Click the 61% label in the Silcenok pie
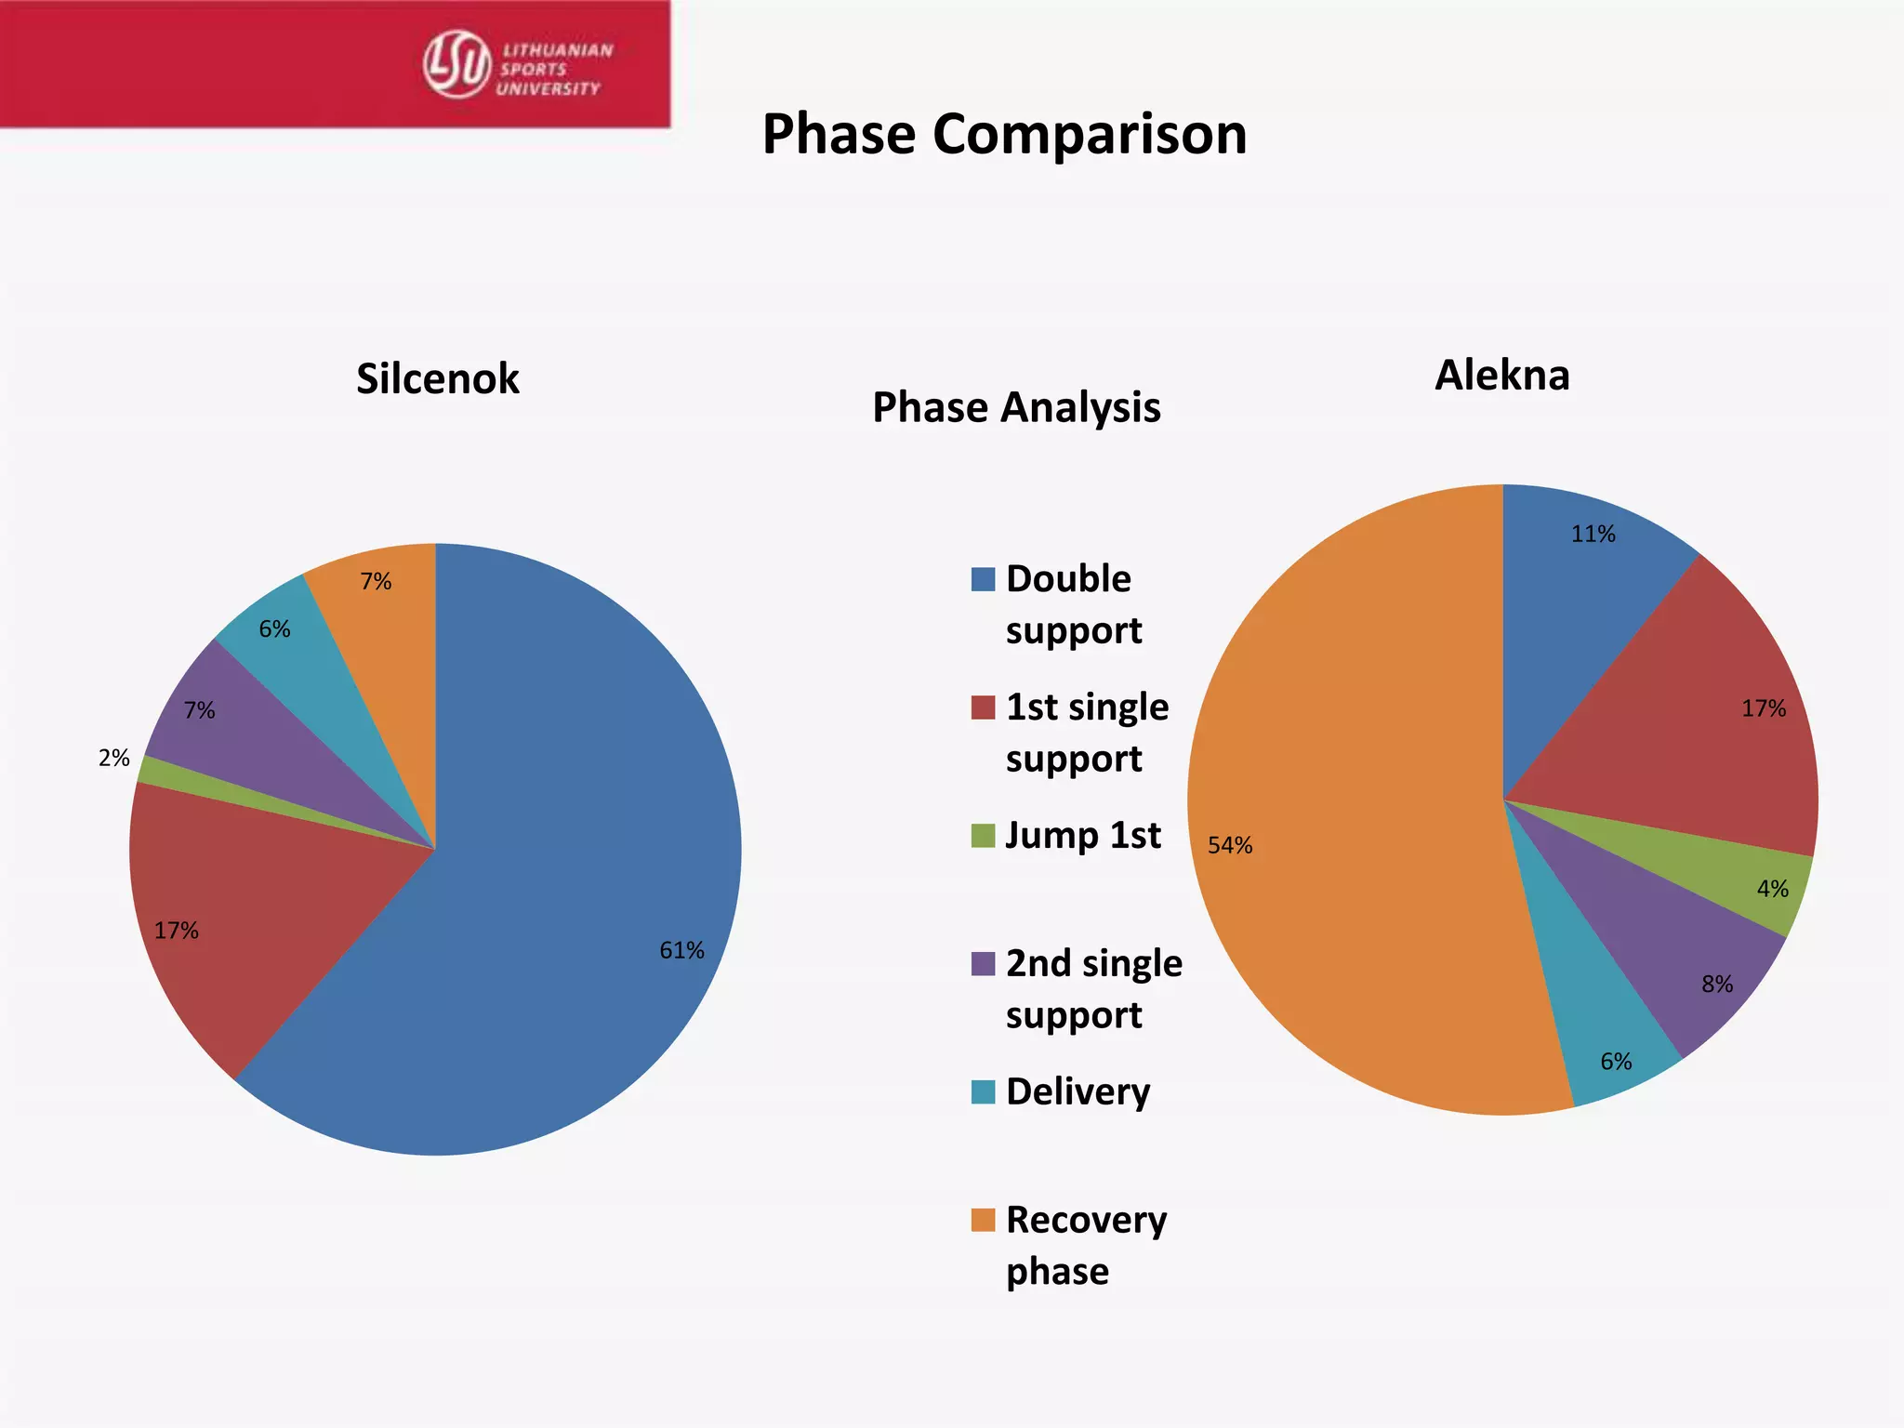[x=681, y=950]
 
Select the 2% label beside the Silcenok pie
[x=113, y=758]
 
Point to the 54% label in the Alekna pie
[x=1230, y=845]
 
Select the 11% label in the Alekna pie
[x=1593, y=534]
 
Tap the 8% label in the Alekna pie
[x=1717, y=984]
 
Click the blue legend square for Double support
[x=983, y=579]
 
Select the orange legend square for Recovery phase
[x=983, y=1220]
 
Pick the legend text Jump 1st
[x=1083, y=835]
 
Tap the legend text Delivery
[x=1078, y=1091]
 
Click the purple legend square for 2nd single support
[x=983, y=963]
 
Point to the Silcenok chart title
[x=438, y=378]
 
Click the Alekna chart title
[x=1501, y=375]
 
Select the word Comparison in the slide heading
[x=1089, y=134]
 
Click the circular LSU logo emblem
[x=456, y=63]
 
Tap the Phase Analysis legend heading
[x=1016, y=407]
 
